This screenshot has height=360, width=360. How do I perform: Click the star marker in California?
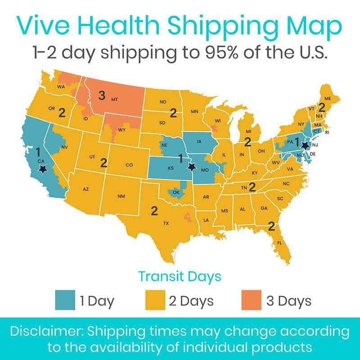[43, 169]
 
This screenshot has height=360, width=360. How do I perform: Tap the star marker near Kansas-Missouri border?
[192, 166]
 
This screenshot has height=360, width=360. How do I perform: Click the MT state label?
[114, 99]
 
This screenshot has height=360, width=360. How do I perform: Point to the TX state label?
[166, 223]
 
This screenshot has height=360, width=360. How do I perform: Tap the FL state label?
[279, 243]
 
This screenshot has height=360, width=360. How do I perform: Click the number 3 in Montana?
[102, 95]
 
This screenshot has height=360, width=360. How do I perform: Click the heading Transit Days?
[180, 276]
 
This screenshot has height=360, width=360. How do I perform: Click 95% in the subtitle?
[224, 53]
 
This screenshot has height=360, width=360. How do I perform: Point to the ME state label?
[327, 99]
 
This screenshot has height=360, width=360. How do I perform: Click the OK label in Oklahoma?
[176, 192]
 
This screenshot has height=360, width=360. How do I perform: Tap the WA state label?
[61, 87]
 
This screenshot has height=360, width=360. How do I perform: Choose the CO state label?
[129, 165]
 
